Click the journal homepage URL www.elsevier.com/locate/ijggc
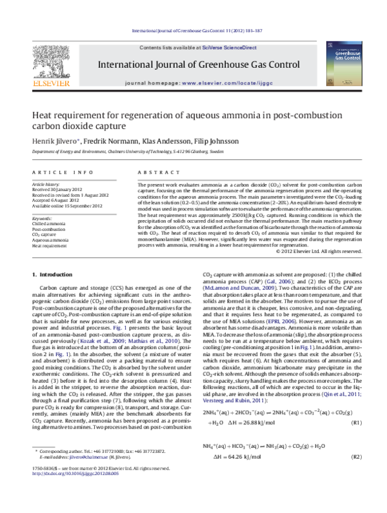click(223, 84)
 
